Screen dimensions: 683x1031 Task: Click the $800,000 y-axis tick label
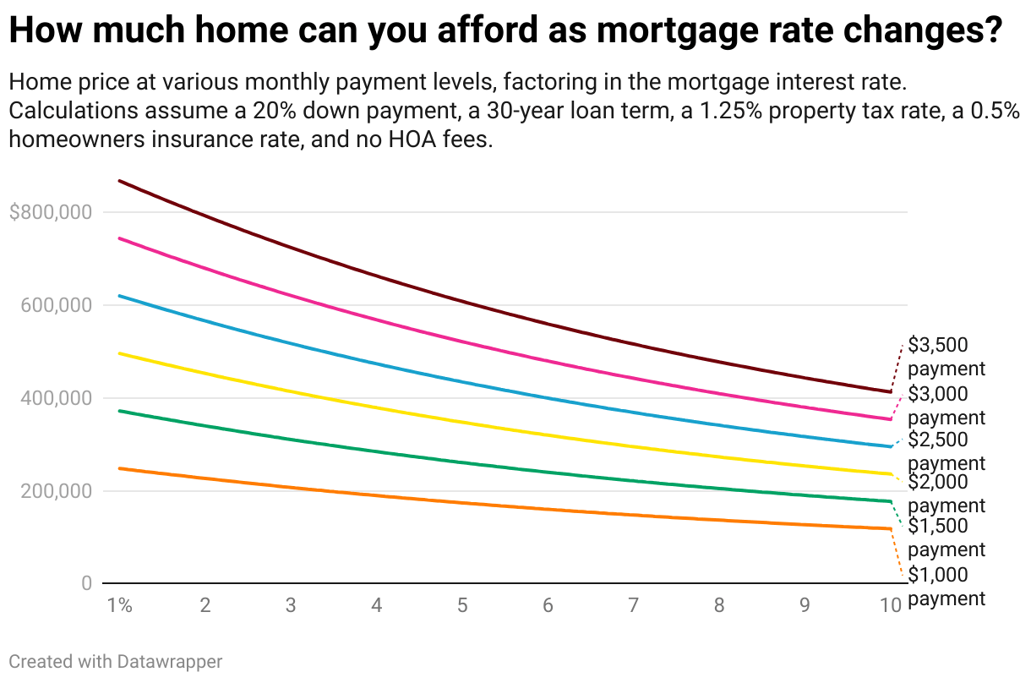(50, 212)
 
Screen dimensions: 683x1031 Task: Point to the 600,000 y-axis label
(55, 305)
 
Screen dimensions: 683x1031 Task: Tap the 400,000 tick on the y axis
(55, 398)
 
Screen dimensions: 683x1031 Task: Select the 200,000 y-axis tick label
(55, 491)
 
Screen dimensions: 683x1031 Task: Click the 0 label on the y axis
(85, 584)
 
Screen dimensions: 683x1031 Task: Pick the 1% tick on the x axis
(120, 605)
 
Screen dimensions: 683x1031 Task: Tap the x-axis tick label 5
(462, 605)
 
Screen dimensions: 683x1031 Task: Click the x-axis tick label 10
(890, 605)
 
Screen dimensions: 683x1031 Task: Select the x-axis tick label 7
(633, 605)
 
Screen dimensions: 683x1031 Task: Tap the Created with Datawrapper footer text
(116, 661)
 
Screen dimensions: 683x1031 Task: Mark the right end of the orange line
(890, 529)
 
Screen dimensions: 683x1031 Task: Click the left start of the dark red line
(120, 181)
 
